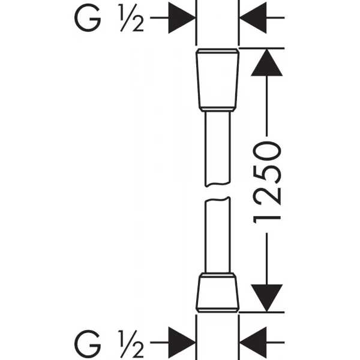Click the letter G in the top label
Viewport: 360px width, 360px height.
point(88,17)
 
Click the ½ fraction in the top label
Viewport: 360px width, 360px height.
point(131,17)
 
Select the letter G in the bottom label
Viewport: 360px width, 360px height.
point(88,344)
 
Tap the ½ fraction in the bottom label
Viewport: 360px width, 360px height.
point(131,344)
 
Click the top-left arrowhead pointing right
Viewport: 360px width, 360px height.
point(182,17)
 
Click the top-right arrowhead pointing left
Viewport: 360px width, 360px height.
point(253,17)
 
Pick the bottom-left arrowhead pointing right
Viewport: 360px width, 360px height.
point(182,343)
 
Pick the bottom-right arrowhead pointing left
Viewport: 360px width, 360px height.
point(253,343)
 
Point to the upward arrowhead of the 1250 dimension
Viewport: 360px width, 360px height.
point(266,62)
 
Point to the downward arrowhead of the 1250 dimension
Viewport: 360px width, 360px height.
point(266,298)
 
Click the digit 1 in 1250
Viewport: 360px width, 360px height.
point(266,220)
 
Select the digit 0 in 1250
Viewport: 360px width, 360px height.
point(266,151)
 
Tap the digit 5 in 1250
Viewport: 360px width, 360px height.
point(266,174)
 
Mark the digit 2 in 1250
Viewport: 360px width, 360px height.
point(266,196)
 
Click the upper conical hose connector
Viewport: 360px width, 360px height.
point(217,80)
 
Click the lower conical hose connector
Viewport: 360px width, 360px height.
point(217,293)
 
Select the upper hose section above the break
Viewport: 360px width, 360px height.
point(217,149)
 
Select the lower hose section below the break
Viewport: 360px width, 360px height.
point(217,235)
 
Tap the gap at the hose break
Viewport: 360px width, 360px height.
point(217,192)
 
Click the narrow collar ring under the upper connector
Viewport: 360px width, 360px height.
point(217,110)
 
